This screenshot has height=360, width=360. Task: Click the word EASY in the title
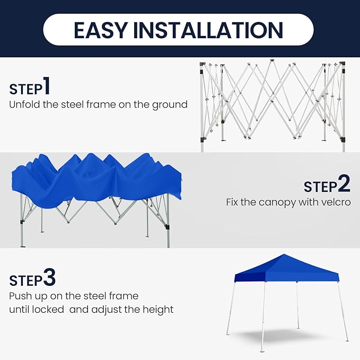pos(101,30)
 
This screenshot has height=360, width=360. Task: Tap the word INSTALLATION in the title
pos(208,30)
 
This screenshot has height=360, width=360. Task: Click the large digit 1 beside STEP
pos(47,85)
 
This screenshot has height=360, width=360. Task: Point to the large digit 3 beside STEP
pos(49,277)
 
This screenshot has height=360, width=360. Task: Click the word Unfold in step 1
pos(24,104)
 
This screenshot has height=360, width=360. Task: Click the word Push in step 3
pos(21,296)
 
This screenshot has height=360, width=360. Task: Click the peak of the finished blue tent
pos(284,254)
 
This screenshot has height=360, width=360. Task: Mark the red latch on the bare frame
pos(324,121)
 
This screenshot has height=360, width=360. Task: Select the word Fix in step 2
pos(232,203)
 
